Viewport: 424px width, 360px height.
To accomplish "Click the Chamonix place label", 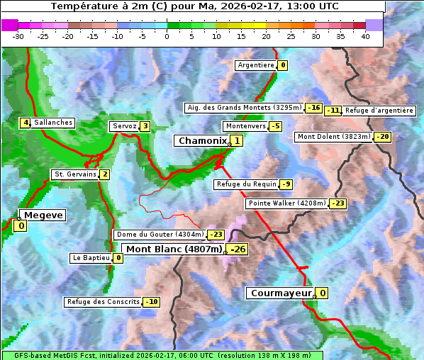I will tap(202, 141).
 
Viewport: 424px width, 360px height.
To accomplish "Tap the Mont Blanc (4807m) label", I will tap(174, 249).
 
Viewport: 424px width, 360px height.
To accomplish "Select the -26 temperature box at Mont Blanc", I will tap(237, 249).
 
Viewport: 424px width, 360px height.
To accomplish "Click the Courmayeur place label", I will tap(281, 293).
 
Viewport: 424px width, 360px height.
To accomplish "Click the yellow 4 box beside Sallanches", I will tap(26, 123).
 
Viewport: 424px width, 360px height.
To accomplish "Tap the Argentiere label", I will tap(256, 65).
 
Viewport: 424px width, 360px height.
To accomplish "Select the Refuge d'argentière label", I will tap(379, 111).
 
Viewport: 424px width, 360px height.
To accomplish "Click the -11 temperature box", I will tap(333, 111).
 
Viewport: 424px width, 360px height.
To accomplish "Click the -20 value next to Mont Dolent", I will tap(383, 137).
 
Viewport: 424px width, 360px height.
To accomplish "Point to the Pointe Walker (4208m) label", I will tap(286, 203).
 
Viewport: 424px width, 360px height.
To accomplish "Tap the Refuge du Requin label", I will tap(246, 184).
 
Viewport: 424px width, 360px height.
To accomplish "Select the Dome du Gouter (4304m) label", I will tap(160, 235).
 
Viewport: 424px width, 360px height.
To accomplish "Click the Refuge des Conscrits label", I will tap(103, 302).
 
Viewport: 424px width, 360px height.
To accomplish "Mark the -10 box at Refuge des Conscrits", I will tap(151, 302).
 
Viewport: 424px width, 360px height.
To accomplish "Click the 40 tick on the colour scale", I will tap(365, 36).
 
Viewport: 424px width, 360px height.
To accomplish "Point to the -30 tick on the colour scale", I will tap(18, 36).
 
